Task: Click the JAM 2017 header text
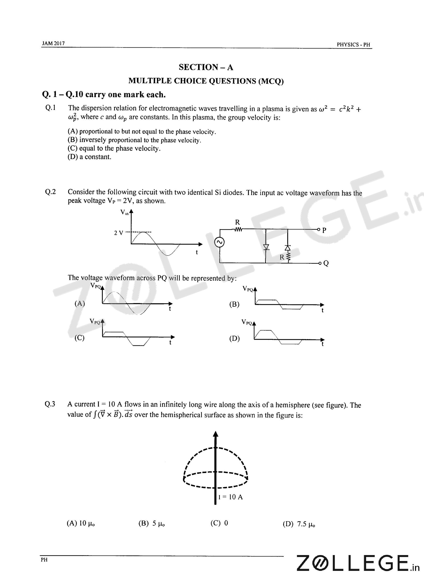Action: point(53,43)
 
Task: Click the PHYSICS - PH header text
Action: point(353,45)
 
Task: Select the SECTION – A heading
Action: point(206,67)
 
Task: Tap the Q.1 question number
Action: point(50,108)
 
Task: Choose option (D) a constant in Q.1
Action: point(89,157)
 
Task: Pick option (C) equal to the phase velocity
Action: point(114,148)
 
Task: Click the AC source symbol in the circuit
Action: point(220,242)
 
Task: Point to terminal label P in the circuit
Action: point(324,230)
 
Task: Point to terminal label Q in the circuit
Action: point(326,263)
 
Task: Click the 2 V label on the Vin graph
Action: point(119,233)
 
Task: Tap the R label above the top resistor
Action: point(237,222)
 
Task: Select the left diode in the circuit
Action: point(266,247)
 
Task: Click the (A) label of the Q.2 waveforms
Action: point(79,304)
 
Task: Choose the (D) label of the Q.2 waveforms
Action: point(234,339)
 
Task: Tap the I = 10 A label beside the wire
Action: point(230,497)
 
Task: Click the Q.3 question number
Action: point(50,404)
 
